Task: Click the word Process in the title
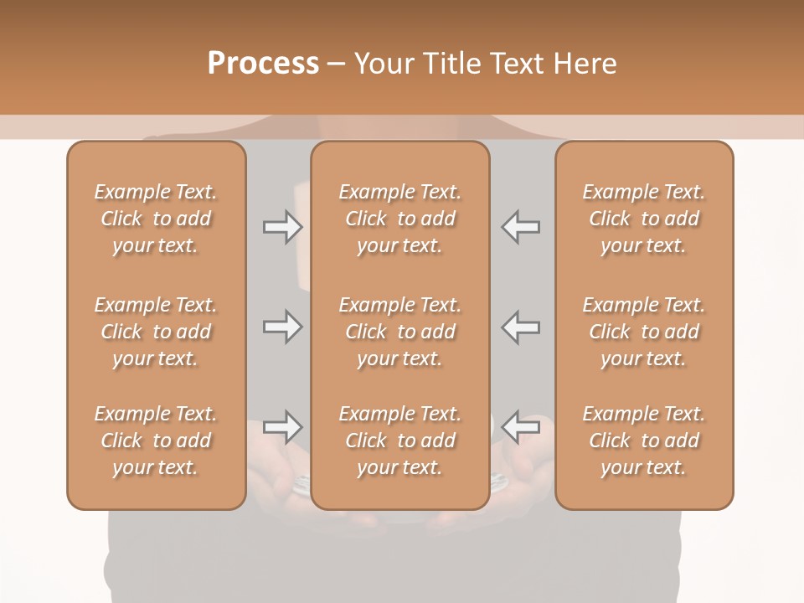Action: pyautogui.click(x=263, y=64)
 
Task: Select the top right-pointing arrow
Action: pyautogui.click(x=283, y=227)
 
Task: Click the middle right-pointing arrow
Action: pyautogui.click(x=283, y=327)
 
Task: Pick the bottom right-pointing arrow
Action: pyautogui.click(x=283, y=427)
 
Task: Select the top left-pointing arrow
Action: pyautogui.click(x=521, y=227)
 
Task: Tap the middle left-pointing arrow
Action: pyautogui.click(x=521, y=327)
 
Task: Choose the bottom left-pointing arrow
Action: pyautogui.click(x=521, y=427)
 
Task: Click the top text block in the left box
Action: pyautogui.click(x=156, y=219)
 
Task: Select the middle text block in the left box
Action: pyautogui.click(x=156, y=332)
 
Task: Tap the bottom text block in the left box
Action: pyautogui.click(x=156, y=441)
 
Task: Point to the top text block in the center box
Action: pyautogui.click(x=400, y=219)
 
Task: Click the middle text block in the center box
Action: pyautogui.click(x=400, y=332)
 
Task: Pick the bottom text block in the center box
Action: pyautogui.click(x=400, y=441)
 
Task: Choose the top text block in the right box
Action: pyautogui.click(x=644, y=219)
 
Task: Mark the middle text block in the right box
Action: pyautogui.click(x=644, y=332)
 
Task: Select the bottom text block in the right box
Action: pyautogui.click(x=644, y=441)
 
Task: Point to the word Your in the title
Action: pyautogui.click(x=384, y=64)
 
